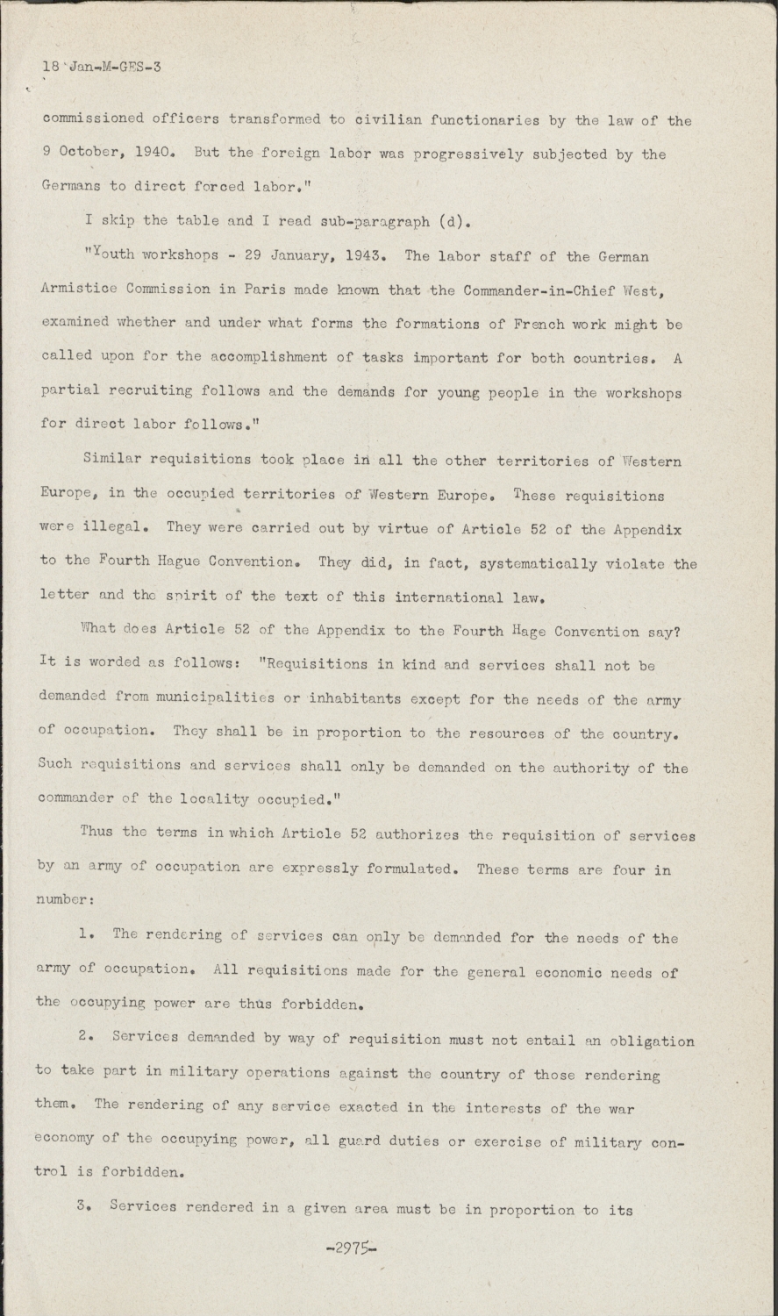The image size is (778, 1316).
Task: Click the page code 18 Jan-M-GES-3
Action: pyautogui.click(x=102, y=67)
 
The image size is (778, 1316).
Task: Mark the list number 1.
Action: pyautogui.click(x=86, y=936)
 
